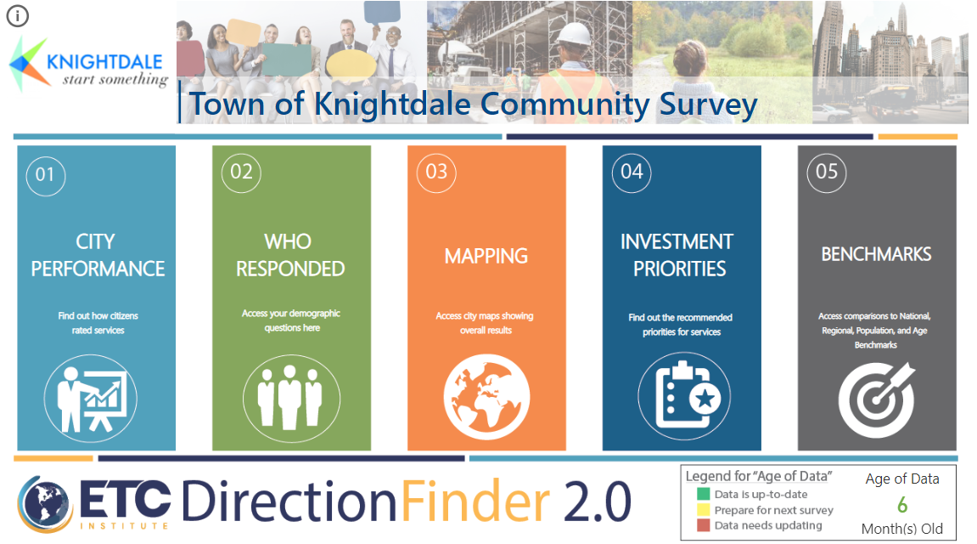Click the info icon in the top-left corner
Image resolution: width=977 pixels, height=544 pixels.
click(18, 15)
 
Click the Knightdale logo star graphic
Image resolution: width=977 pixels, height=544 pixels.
click(29, 61)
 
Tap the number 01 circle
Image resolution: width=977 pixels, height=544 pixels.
click(46, 174)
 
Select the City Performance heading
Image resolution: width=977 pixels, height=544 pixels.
click(97, 255)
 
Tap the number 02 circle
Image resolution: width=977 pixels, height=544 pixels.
click(241, 172)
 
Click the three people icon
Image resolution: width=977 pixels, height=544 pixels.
click(291, 397)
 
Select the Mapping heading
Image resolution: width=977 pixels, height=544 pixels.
click(486, 256)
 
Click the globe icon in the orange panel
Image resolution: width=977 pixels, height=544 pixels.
click(486, 397)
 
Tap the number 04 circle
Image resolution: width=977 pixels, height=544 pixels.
click(632, 172)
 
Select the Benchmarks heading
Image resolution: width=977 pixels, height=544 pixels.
click(876, 254)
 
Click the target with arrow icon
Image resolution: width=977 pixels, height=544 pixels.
click(877, 397)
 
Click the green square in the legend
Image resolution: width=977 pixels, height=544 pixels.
click(703, 494)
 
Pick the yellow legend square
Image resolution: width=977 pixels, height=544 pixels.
click(703, 510)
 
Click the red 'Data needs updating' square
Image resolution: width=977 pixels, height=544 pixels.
click(703, 526)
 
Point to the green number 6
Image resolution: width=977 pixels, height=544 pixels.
click(902, 505)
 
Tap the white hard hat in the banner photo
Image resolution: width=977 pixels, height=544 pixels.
click(574, 34)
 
